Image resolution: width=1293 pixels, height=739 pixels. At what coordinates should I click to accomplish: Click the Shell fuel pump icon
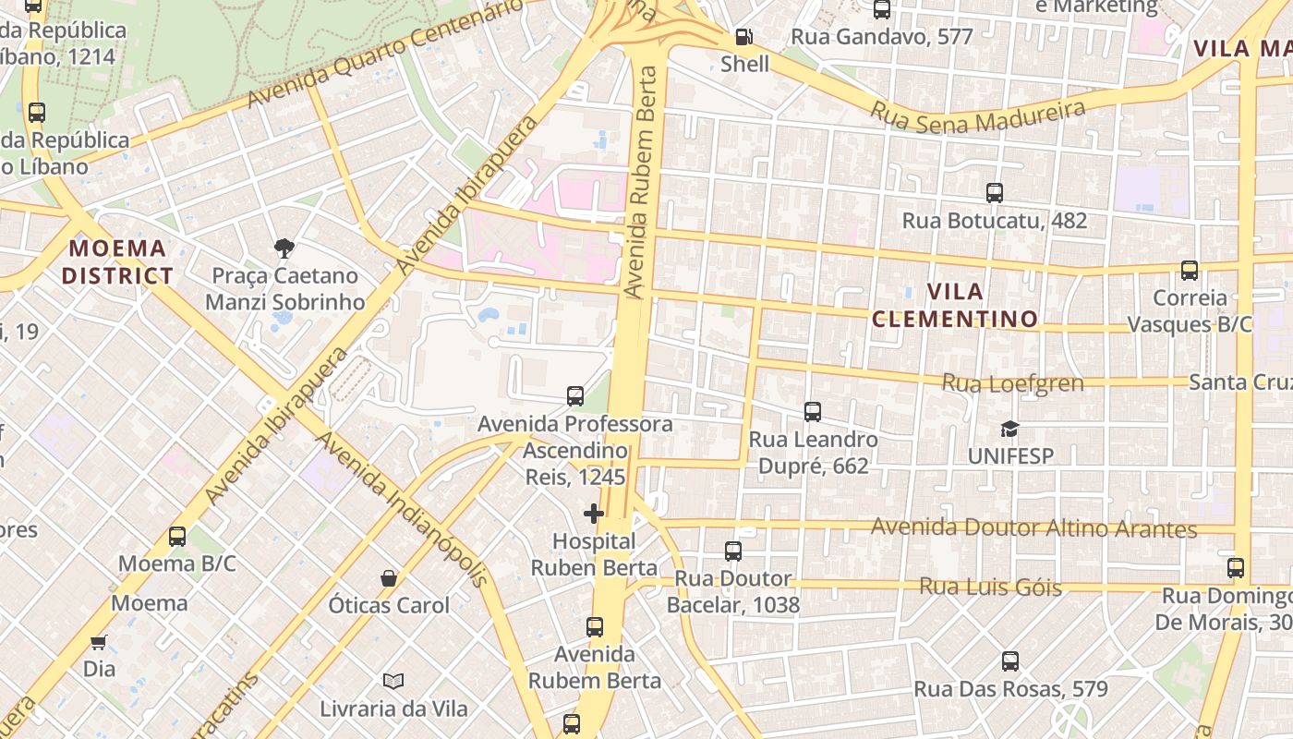[x=743, y=38]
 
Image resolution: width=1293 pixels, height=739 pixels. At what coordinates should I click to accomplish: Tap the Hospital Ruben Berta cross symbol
[x=594, y=514]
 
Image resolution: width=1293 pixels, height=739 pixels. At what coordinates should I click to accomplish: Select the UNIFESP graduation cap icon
[x=1009, y=430]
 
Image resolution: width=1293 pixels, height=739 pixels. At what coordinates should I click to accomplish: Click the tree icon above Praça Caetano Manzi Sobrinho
[x=284, y=248]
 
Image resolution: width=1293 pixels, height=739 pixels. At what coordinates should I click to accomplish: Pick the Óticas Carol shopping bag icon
[x=389, y=578]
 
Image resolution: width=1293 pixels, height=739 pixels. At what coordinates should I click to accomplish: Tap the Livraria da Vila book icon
[x=393, y=682]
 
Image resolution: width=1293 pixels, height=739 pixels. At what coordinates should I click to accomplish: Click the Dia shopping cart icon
[x=99, y=641]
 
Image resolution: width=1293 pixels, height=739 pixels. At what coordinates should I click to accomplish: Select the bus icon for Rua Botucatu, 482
[x=995, y=193]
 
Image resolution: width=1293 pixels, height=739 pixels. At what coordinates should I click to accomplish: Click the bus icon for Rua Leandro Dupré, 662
[x=813, y=412]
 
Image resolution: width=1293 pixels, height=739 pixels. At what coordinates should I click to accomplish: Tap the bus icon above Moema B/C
[x=177, y=537]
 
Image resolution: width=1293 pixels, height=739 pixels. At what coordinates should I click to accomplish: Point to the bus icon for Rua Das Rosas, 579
[x=1010, y=661]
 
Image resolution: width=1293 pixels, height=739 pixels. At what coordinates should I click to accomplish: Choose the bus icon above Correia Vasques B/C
[x=1190, y=271]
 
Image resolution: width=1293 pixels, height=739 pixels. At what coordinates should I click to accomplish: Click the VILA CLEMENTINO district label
[x=955, y=306]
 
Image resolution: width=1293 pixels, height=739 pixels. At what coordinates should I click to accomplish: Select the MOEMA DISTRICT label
[x=117, y=261]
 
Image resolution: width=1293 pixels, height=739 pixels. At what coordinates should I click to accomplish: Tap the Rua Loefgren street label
[x=1012, y=382]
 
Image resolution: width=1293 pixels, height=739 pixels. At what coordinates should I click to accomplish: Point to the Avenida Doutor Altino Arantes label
[x=1034, y=528]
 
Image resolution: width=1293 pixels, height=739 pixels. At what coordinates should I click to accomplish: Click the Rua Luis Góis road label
[x=990, y=587]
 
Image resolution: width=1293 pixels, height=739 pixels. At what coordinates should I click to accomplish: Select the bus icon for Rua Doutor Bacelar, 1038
[x=733, y=551]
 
